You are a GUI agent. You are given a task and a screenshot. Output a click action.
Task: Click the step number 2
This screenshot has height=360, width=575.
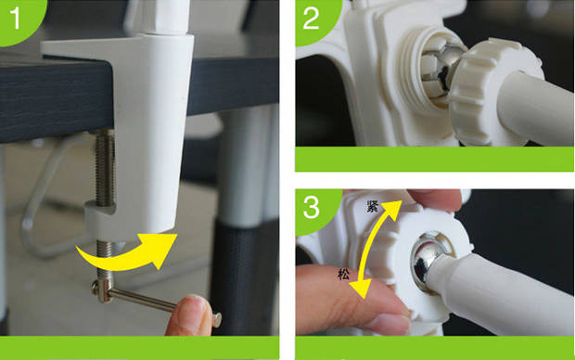[x=312, y=19]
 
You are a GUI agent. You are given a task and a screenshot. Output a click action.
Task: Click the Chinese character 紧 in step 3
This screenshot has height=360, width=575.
[x=373, y=207]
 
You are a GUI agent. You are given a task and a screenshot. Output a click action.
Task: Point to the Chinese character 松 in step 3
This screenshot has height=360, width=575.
[x=343, y=274]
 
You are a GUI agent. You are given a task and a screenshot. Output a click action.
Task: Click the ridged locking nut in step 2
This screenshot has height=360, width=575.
[x=492, y=92]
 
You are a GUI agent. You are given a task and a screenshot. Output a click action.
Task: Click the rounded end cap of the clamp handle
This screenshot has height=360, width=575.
[x=217, y=319]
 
